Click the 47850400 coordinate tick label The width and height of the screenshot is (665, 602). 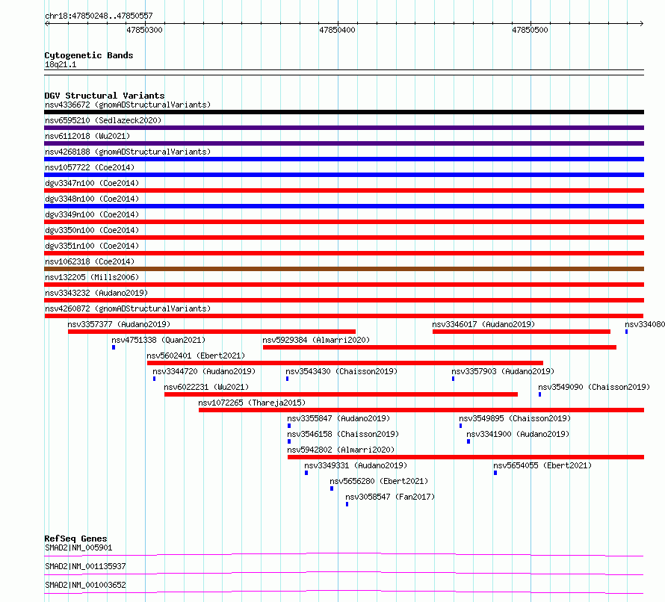click(x=337, y=30)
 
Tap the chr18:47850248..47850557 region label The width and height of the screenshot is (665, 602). click(x=99, y=16)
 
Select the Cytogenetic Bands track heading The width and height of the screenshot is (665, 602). click(x=89, y=55)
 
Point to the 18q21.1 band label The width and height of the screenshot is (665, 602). click(x=61, y=64)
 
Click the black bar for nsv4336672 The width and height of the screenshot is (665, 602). click(x=344, y=112)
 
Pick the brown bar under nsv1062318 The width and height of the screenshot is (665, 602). click(x=344, y=269)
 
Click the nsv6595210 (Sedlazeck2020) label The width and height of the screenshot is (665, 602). click(x=103, y=120)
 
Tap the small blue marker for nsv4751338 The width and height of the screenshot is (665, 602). click(x=114, y=347)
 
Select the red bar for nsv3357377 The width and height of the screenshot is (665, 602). click(x=211, y=332)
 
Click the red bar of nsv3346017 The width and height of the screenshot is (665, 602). click(x=522, y=332)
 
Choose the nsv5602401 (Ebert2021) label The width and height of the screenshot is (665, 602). click(x=196, y=356)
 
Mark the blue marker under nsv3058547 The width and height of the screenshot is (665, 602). click(x=347, y=504)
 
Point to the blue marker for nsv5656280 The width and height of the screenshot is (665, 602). click(x=332, y=488)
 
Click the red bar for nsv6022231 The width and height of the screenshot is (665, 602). click(x=341, y=394)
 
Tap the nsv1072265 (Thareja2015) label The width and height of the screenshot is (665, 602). click(x=252, y=403)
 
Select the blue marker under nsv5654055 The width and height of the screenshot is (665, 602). click(x=495, y=473)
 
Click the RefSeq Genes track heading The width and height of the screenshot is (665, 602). click(x=75, y=539)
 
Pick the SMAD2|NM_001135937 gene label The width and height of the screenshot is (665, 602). click(x=85, y=566)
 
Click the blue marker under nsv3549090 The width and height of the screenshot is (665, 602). click(x=540, y=394)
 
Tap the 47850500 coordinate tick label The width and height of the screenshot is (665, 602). click(x=530, y=30)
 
